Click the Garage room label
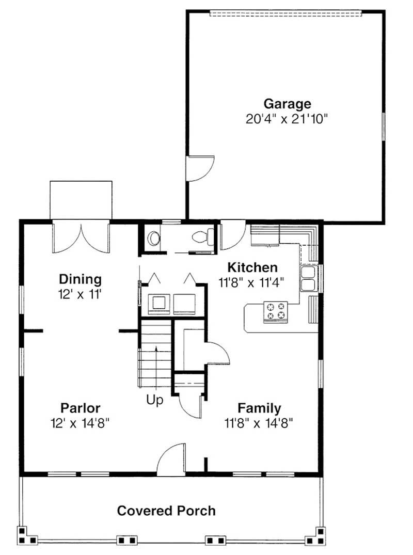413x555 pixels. tap(288, 104)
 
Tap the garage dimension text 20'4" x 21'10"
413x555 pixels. tap(287, 119)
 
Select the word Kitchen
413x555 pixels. tap(252, 267)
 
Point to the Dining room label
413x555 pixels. tap(81, 279)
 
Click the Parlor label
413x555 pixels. tap(81, 408)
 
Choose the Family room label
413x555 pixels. tap(259, 408)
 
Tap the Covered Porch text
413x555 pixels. tap(166, 511)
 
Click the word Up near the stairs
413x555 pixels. tap(155, 400)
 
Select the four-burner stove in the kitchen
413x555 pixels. tap(276, 312)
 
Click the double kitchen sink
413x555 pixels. tap(309, 279)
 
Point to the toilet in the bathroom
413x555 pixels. tap(203, 236)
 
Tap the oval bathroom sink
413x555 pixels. tap(154, 237)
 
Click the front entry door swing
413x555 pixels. tap(171, 459)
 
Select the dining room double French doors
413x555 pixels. tap(81, 236)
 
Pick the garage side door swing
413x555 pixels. tap(200, 168)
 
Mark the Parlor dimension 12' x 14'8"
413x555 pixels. tap(81, 423)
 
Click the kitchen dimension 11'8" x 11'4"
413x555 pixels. tap(252, 283)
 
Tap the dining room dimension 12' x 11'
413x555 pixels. tap(81, 294)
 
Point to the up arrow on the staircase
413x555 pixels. tap(156, 367)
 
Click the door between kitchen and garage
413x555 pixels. tap(232, 234)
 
